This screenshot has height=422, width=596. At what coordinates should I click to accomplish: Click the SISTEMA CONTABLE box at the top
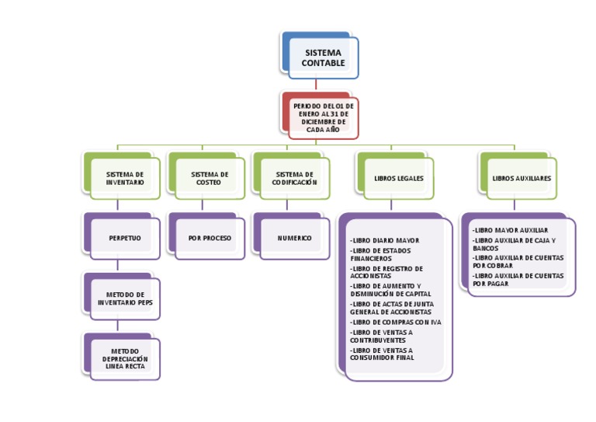point(323,58)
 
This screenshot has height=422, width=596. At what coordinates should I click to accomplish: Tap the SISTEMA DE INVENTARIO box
point(124,179)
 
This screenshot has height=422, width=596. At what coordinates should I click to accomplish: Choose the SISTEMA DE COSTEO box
point(210,179)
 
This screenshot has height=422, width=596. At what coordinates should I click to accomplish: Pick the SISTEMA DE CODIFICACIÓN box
point(294,179)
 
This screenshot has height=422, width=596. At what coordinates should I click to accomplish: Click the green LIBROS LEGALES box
point(398,179)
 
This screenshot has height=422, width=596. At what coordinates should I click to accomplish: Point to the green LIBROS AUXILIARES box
point(521,179)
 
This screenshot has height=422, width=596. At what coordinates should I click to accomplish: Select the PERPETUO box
point(124,238)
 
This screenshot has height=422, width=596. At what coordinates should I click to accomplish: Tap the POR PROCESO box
point(210,238)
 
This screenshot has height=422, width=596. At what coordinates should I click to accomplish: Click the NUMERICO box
point(294,238)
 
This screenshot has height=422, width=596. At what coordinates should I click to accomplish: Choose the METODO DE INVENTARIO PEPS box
point(124,298)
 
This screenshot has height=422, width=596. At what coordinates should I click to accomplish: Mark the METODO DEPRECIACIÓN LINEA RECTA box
point(124,358)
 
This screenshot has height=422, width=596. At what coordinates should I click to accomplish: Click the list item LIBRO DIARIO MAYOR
point(385,241)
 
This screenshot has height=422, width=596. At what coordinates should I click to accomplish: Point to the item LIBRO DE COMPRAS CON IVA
point(396,322)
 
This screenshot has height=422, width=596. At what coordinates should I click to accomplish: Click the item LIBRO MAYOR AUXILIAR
point(510,230)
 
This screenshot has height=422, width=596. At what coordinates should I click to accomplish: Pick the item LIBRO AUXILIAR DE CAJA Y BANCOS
point(513,244)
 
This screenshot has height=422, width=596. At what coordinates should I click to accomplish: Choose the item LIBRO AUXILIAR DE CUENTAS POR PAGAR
point(517,280)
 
